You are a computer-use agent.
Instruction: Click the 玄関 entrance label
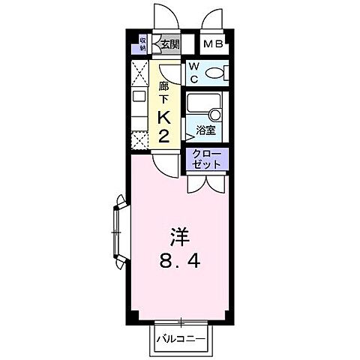click(x=169, y=43)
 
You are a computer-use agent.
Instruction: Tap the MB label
click(x=213, y=43)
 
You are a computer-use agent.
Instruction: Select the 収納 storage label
click(x=142, y=43)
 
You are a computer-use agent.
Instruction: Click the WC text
click(x=193, y=73)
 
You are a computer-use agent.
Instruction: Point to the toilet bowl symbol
click(x=214, y=73)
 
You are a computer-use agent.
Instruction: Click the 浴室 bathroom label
click(x=205, y=129)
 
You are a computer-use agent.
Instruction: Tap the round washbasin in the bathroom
click(x=217, y=114)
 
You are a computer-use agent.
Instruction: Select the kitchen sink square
click(x=139, y=96)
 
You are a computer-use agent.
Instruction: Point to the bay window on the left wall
click(x=118, y=232)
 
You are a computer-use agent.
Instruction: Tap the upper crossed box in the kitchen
click(x=139, y=73)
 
